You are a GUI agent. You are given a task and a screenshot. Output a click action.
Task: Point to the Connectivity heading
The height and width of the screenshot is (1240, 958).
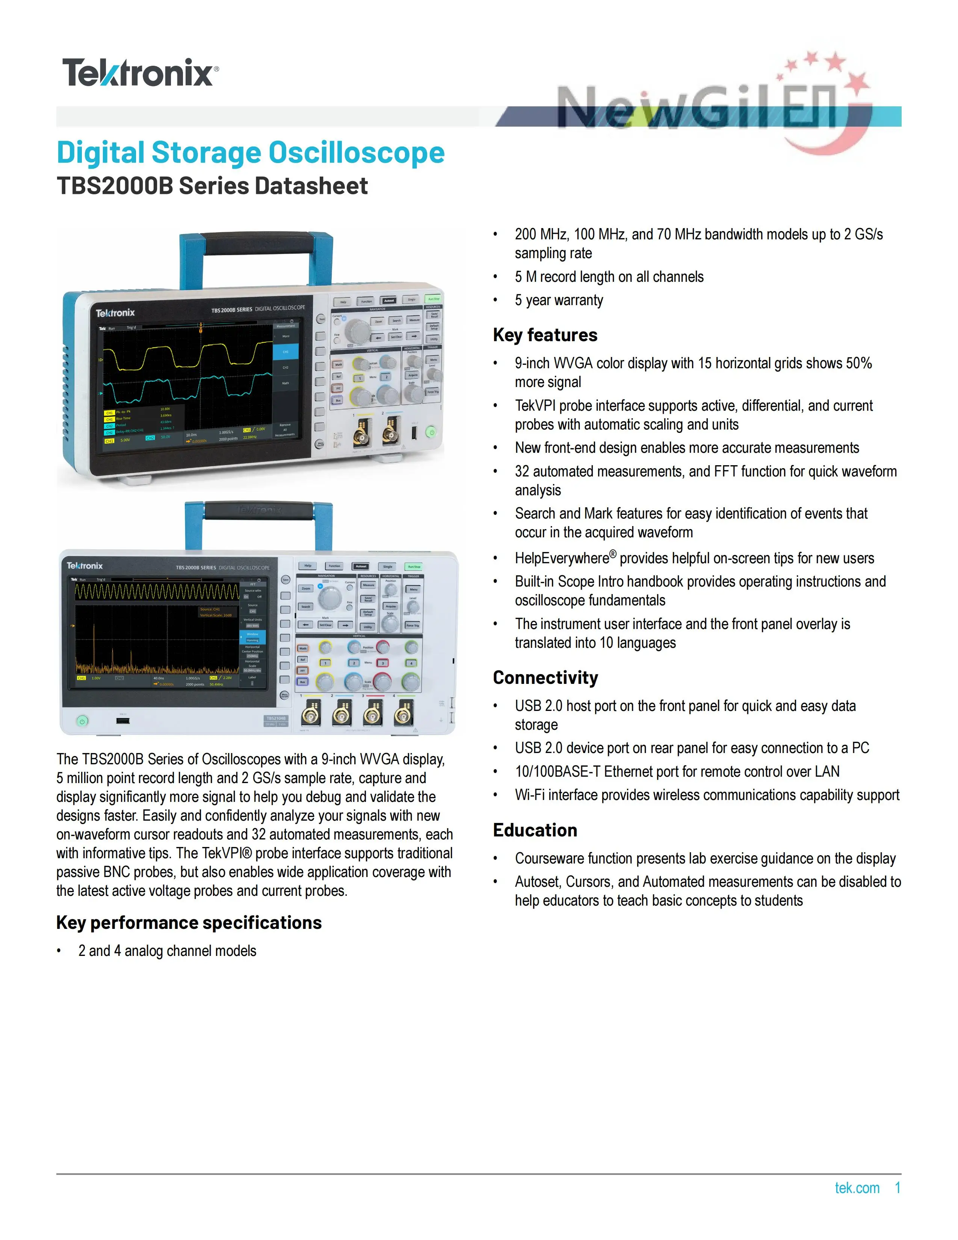[x=545, y=677]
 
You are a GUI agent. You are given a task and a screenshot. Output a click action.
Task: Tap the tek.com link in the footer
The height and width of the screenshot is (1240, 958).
[x=857, y=1188]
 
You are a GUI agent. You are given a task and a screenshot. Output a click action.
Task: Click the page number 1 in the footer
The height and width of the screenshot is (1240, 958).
[x=897, y=1188]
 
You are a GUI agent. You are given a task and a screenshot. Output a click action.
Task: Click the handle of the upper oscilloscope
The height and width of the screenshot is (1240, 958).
[x=257, y=243]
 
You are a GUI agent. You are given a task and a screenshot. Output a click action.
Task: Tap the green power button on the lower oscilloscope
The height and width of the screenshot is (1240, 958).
[x=82, y=721]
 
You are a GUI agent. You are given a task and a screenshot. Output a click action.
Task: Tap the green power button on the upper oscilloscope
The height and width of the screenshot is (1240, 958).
[x=431, y=432]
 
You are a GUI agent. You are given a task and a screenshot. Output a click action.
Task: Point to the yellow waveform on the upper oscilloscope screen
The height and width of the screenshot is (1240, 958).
[x=187, y=352]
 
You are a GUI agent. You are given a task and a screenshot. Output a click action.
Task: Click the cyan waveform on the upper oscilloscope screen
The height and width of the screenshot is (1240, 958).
[x=187, y=386]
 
